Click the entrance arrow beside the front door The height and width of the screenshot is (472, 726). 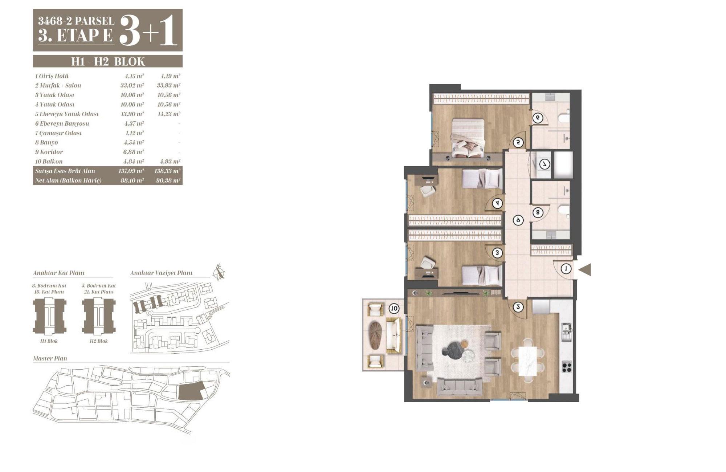585,269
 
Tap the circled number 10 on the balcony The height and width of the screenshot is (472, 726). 394,309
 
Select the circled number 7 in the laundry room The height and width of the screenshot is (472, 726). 545,164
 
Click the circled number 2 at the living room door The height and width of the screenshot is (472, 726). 519,307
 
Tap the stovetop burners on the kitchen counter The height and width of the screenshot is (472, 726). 567,366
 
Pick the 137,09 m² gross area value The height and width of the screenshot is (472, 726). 131,171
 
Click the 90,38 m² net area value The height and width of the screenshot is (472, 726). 168,180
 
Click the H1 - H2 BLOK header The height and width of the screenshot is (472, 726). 108,61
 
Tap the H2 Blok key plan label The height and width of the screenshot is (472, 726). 99,341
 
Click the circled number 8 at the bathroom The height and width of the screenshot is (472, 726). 538,212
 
